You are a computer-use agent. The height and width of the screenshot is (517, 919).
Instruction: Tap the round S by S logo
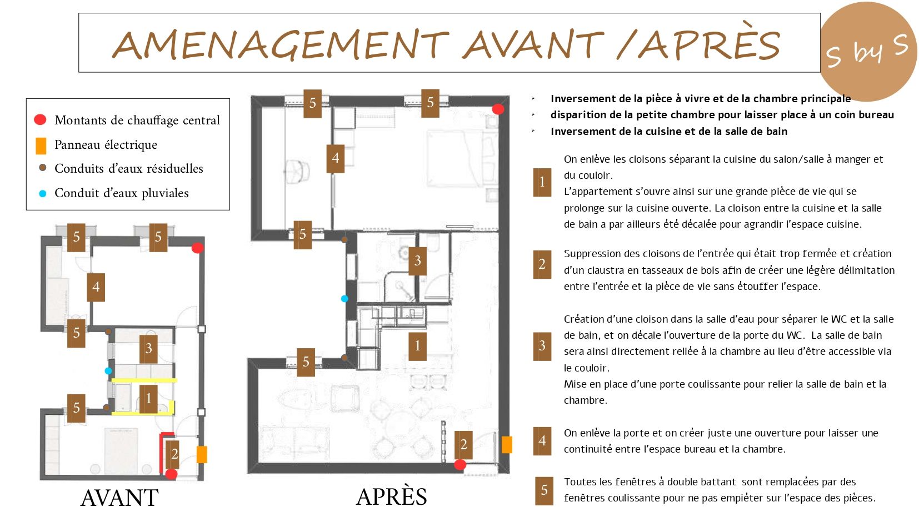tap(868, 51)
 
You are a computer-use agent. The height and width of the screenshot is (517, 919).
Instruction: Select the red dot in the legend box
tap(40, 120)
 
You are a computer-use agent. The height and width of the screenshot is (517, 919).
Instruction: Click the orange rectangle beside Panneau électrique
tap(41, 146)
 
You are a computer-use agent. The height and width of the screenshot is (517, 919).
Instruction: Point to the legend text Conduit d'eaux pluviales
tap(122, 193)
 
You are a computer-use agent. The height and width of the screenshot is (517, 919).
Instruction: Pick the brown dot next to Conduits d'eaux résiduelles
tap(42, 168)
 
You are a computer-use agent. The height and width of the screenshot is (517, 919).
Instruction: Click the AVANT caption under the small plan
tap(119, 498)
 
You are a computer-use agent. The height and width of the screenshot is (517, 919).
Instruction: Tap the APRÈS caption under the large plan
tap(391, 496)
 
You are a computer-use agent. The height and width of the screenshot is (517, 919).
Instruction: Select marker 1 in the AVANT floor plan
tap(148, 399)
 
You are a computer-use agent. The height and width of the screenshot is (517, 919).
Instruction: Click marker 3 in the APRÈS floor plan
tap(417, 261)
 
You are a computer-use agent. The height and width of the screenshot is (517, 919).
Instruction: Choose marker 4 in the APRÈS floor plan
tap(335, 158)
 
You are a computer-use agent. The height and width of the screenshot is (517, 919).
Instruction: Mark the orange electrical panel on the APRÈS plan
tap(507, 445)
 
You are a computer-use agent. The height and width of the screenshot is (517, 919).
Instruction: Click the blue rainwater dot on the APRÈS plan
tap(344, 299)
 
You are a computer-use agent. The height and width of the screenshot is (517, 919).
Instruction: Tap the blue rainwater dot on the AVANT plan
tap(108, 371)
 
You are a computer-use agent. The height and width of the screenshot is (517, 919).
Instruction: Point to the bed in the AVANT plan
tap(122, 451)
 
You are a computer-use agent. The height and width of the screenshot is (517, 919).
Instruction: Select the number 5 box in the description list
tap(544, 490)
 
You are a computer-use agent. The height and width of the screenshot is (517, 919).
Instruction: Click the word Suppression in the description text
tap(592, 254)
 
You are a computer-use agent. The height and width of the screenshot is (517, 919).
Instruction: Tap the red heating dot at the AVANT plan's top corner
tap(197, 248)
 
